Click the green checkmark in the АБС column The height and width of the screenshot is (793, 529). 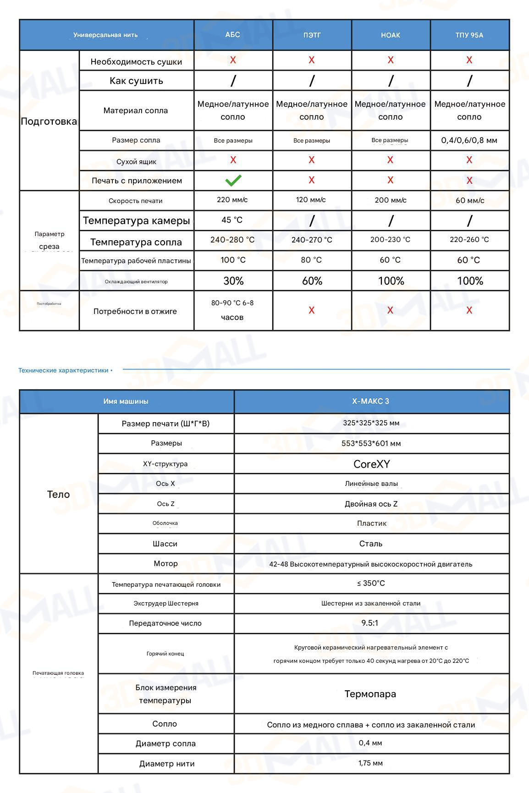tap(233, 181)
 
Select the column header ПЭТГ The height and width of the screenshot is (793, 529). tap(312, 35)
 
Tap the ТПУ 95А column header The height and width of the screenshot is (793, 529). tap(469, 35)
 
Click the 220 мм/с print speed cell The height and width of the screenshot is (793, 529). tap(232, 200)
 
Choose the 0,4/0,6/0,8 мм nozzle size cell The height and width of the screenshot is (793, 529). tap(469, 140)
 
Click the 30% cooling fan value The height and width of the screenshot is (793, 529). tap(233, 281)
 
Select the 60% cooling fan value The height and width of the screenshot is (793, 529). tap(312, 281)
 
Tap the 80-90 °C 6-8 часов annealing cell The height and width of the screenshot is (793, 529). tap(232, 310)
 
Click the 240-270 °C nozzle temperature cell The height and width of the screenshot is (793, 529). tap(312, 240)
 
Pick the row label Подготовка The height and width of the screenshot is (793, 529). tap(49, 121)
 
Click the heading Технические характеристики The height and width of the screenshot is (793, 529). tap(63, 370)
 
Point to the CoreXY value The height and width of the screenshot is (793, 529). tap(371, 464)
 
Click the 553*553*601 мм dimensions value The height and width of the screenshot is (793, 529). tap(371, 444)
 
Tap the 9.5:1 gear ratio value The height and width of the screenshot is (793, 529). tap(370, 623)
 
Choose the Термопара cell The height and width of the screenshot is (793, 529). tap(370, 694)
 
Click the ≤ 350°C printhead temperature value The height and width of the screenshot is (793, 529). tap(371, 584)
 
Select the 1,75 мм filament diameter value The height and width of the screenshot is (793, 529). tap(370, 763)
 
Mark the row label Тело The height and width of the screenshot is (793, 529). tap(59, 494)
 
